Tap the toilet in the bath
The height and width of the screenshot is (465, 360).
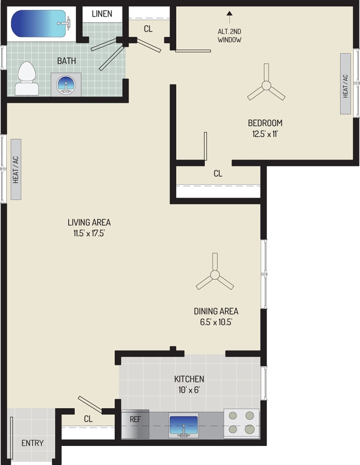pos(27,79)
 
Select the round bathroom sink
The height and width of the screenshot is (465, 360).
pos(65,85)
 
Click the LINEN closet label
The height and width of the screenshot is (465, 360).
pos(102,14)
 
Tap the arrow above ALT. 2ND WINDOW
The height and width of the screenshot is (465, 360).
pos(229,17)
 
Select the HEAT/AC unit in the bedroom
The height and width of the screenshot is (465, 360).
pos(345,84)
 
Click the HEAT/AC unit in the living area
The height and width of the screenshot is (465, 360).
pos(16,169)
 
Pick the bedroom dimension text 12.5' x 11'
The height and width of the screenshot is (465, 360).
pos(265,134)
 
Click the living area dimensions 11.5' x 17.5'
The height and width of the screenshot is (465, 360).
pos(89,233)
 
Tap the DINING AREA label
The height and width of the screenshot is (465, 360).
pos(216,311)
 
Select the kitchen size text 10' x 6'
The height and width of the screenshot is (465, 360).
pos(189,390)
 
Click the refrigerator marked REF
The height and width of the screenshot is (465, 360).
pos(135,424)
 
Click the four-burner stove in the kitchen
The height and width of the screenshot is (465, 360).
pos(242,423)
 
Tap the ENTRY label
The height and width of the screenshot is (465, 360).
pos(32,443)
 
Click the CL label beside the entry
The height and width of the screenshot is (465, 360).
pos(88,419)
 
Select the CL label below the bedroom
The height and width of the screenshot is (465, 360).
pos(218,173)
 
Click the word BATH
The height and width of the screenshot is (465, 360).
pos(66,61)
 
